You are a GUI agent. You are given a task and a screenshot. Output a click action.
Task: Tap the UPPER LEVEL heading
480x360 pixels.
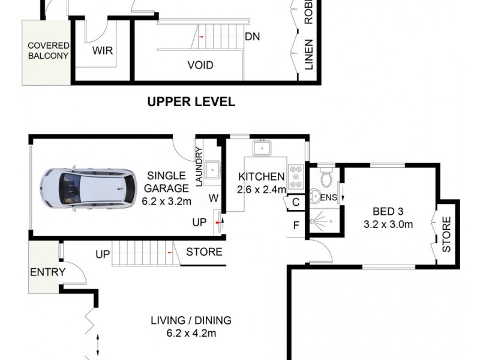point(191,102)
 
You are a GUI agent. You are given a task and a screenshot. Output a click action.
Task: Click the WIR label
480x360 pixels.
point(102,51)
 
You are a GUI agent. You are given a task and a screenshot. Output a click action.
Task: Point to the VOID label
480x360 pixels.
point(200,65)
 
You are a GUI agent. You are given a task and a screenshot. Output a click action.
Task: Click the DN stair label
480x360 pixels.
point(252,36)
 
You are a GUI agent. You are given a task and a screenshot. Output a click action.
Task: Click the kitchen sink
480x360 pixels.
point(263,148)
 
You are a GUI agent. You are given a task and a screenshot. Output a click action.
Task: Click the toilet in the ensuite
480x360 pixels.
point(326,178)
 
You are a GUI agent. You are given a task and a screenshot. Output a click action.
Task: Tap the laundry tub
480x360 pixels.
point(212,170)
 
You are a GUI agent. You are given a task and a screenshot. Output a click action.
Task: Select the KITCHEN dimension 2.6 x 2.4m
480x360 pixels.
point(261,190)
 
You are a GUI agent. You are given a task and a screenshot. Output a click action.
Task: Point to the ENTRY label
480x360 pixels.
point(47,272)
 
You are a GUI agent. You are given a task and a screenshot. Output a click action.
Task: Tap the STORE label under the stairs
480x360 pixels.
point(204,252)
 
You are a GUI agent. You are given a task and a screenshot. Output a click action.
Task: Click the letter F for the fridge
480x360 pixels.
point(296,226)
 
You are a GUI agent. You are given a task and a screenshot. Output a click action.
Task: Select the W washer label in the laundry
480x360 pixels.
point(212,197)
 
